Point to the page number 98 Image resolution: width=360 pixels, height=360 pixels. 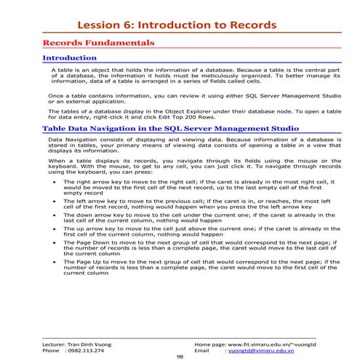click(x=180, y=356)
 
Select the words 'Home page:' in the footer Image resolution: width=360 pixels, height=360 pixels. click(x=210, y=342)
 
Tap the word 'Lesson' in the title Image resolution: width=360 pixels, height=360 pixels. click(x=116, y=25)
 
